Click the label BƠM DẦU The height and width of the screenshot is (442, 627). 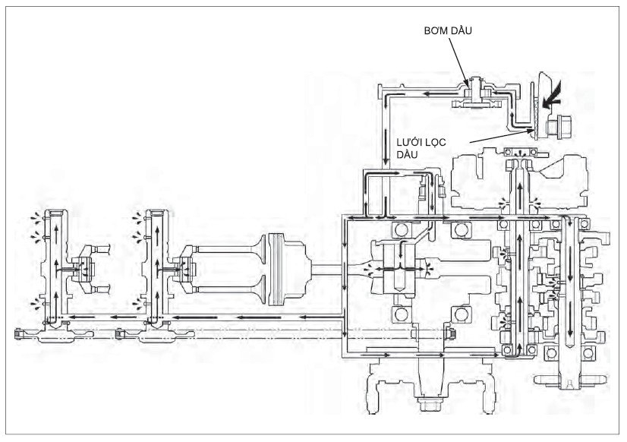click(x=448, y=30)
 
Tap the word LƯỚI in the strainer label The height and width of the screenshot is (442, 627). click(x=409, y=143)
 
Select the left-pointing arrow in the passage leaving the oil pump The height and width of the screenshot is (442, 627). click(x=432, y=94)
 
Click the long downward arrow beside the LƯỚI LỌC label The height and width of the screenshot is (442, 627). click(x=386, y=146)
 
